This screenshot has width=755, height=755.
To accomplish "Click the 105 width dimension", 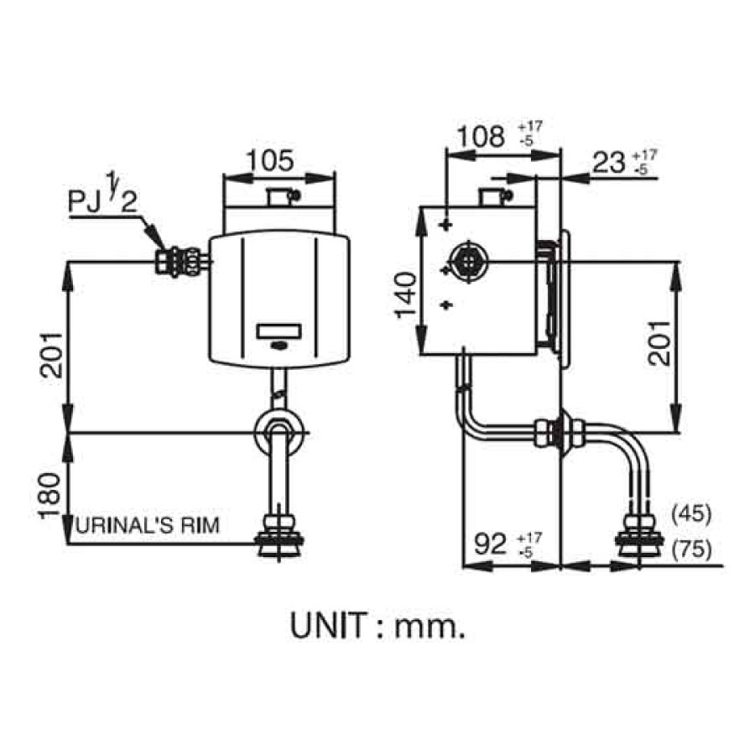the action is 270,160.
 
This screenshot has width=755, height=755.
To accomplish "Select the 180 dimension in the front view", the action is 50,496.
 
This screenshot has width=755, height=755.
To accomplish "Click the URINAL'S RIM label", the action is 148,524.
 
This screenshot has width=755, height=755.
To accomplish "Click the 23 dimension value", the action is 608,162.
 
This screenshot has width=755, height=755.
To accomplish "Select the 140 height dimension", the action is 405,294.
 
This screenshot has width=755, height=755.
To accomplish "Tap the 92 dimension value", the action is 490,544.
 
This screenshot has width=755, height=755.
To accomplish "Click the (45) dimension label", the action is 691,513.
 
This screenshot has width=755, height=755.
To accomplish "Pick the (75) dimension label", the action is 691,549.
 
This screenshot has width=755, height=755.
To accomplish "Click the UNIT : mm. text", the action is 378,625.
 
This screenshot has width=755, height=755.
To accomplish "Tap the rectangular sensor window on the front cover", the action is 279,331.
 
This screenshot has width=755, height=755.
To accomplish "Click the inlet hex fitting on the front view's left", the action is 178,262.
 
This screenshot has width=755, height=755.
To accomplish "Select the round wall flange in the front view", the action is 279,432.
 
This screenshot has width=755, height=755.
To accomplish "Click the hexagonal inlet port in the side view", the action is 466,262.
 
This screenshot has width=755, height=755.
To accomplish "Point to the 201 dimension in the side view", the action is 659,343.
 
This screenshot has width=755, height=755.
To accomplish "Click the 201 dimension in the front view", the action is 50,355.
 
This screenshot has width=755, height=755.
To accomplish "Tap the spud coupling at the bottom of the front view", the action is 279,536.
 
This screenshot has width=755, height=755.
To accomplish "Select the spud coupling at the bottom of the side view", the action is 640,534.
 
